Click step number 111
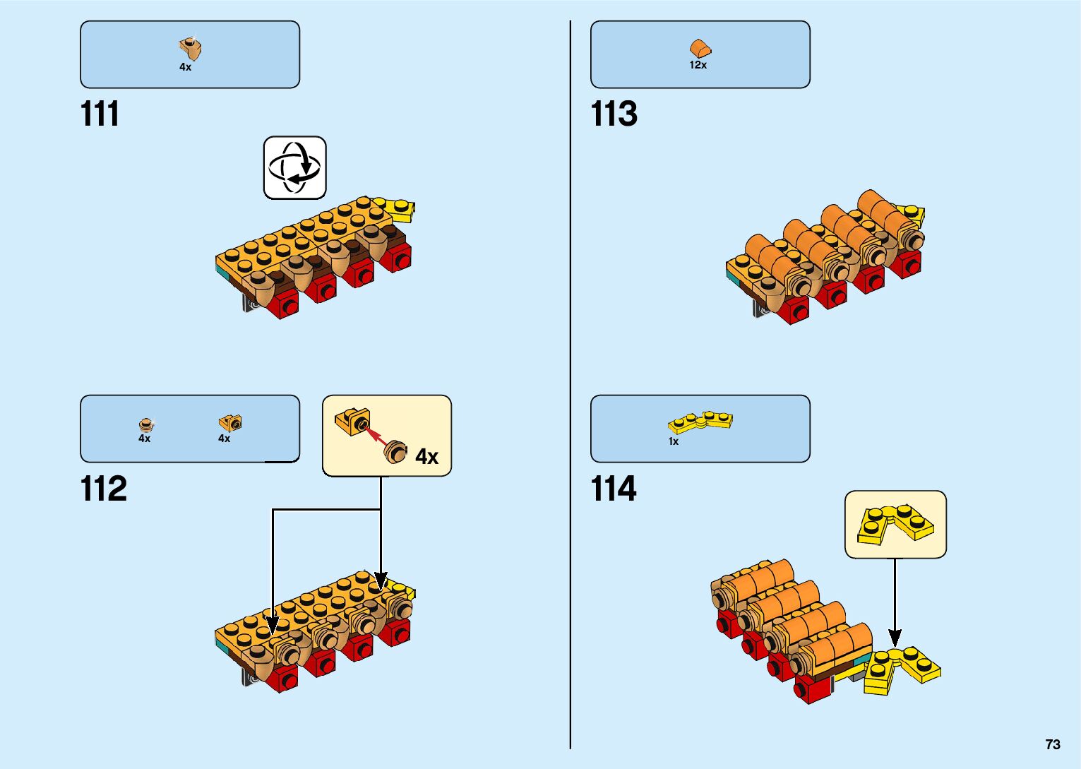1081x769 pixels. pos(100,114)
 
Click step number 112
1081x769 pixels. pos(103,489)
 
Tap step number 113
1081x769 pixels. pos(614,114)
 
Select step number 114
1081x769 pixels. pos(613,489)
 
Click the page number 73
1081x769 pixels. pos(1052,744)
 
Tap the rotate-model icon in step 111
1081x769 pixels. pos(295,168)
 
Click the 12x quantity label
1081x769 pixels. pos(698,65)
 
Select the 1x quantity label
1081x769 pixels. pos(674,441)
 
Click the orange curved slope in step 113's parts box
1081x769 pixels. pos(700,49)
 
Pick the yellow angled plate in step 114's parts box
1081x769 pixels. pos(700,422)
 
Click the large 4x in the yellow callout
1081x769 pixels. pos(426,457)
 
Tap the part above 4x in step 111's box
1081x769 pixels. pos(189,48)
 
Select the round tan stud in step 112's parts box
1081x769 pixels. pos(145,424)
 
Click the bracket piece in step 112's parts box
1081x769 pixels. pos(229,423)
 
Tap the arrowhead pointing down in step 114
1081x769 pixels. pos(895,638)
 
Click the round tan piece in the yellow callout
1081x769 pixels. pos(396,451)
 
